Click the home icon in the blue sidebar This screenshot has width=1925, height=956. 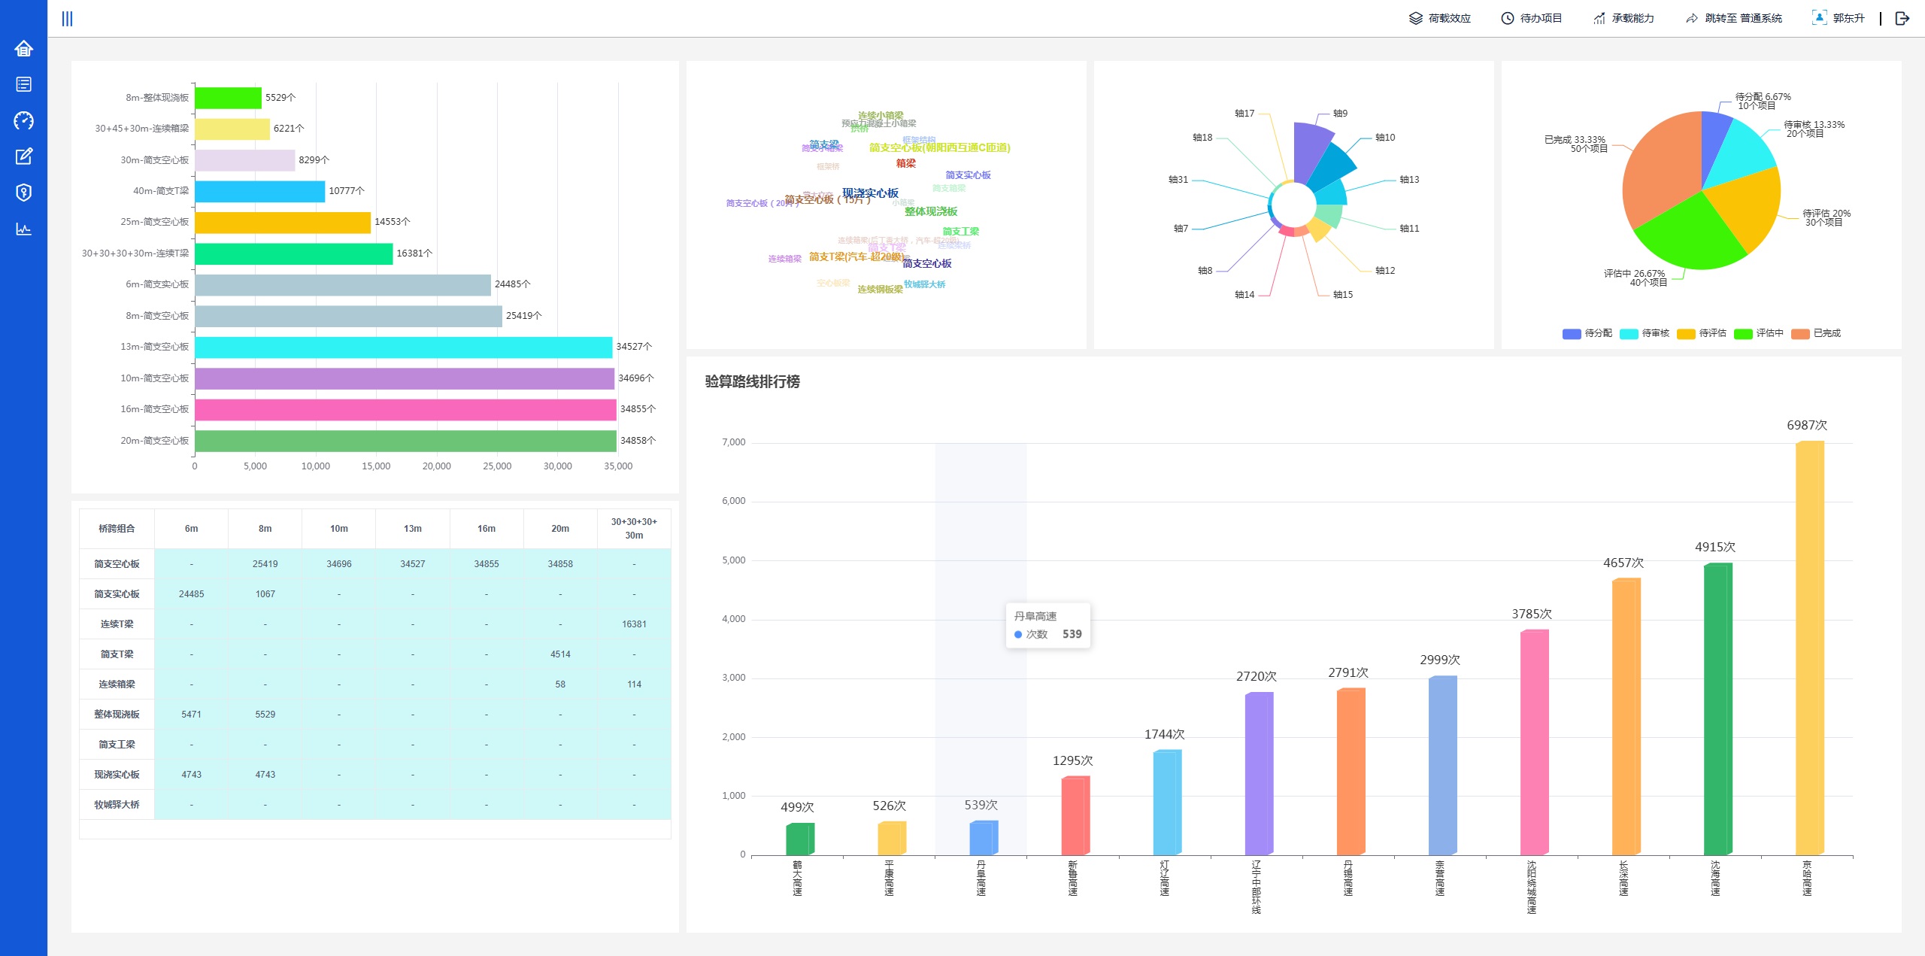pos(23,49)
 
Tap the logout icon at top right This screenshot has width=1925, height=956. pos(1902,18)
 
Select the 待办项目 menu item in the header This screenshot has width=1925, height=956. pos(1532,18)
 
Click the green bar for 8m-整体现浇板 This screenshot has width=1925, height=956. pos(228,98)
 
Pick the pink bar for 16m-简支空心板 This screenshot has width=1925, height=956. pos(405,409)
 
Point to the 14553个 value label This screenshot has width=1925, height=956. pos(392,222)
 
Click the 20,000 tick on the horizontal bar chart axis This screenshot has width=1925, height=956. pos(436,466)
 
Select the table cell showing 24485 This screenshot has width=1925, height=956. pos(191,594)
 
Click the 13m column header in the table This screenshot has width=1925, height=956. pos(412,529)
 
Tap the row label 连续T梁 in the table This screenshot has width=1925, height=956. pos(117,624)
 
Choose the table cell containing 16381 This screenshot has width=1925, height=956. pos(634,624)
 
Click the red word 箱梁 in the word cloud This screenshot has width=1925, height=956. pos(905,163)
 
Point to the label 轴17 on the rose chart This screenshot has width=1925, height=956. pos(1244,114)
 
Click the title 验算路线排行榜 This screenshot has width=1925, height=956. pos(752,381)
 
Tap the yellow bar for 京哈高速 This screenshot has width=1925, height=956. pos(1809,647)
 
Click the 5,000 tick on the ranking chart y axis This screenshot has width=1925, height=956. pos(733,560)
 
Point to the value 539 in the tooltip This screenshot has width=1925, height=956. pos(1072,634)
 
